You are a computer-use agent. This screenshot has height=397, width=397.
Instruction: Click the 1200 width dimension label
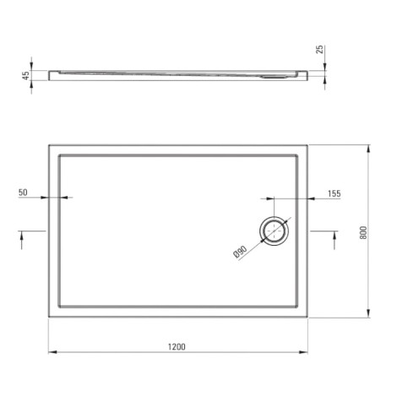click(x=177, y=346)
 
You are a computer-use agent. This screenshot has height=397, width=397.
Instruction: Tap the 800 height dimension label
click(x=363, y=232)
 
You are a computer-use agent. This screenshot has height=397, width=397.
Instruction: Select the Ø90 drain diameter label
click(x=240, y=252)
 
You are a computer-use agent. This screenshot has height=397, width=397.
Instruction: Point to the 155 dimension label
click(x=334, y=193)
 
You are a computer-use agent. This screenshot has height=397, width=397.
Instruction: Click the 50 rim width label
click(x=23, y=193)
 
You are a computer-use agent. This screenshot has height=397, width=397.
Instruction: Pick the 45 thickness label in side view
click(x=25, y=75)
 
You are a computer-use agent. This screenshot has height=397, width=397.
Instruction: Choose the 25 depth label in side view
click(x=320, y=49)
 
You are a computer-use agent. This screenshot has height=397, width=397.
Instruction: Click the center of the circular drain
click(x=274, y=231)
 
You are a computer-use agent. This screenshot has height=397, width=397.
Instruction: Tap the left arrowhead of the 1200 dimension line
click(x=52, y=352)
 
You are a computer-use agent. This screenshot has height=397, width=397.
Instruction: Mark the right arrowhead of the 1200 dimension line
click(x=303, y=352)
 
